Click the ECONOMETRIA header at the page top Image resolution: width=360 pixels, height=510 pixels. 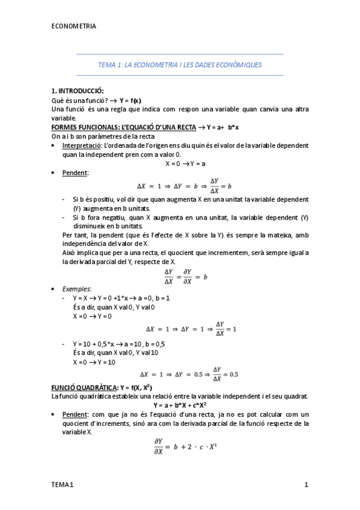point(73,26)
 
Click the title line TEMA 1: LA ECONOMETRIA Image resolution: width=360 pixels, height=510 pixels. point(180,65)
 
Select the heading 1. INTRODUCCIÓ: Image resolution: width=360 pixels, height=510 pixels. point(78,90)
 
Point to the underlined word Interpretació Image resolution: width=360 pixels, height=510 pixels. point(82,146)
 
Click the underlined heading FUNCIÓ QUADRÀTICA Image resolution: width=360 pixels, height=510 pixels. point(85,387)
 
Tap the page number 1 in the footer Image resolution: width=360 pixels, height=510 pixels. point(306,485)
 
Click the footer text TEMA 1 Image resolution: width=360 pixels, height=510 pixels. point(62,485)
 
